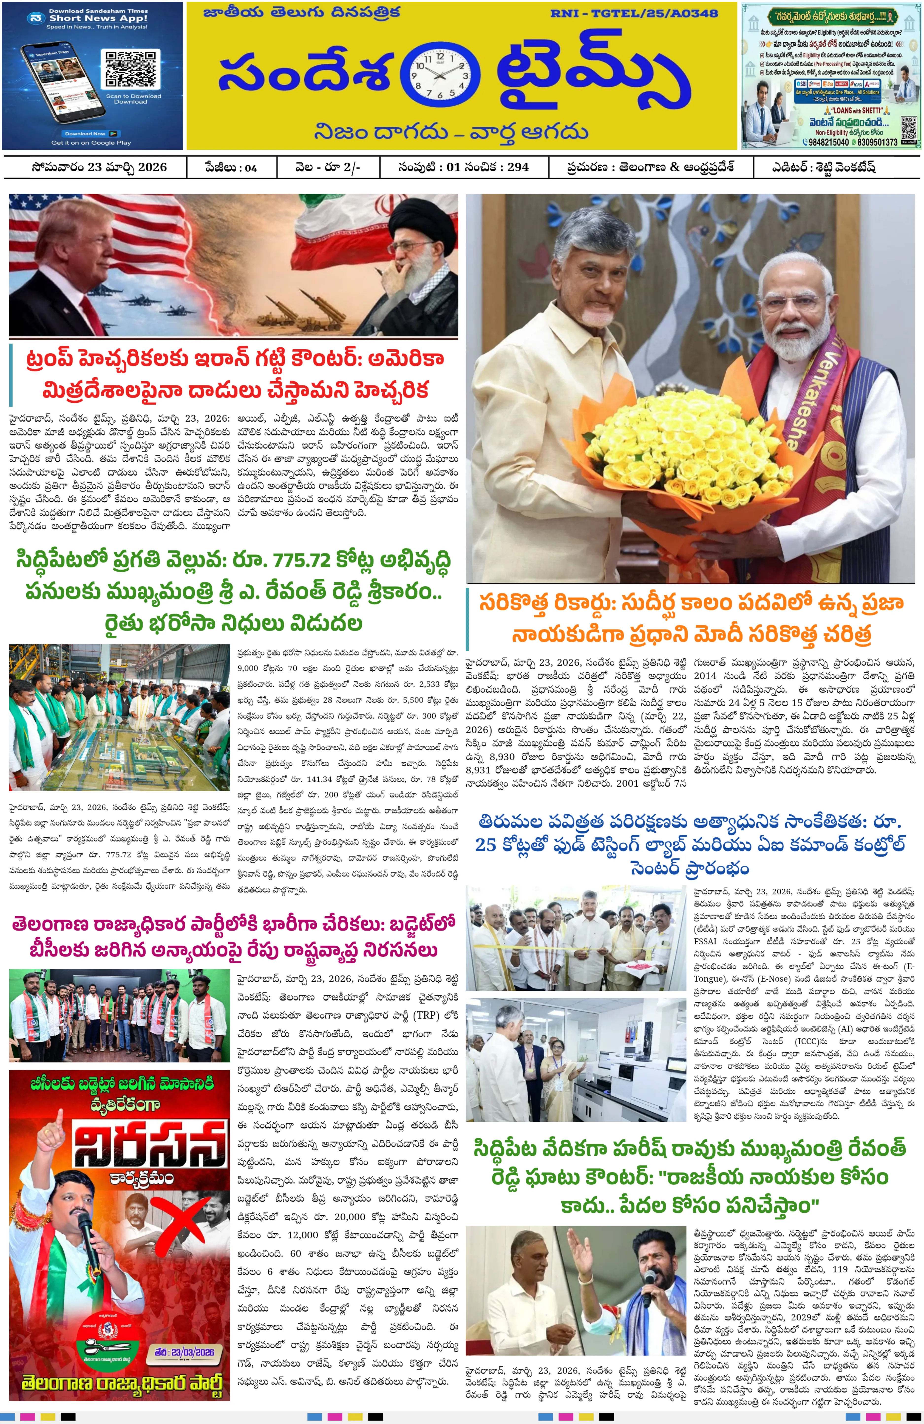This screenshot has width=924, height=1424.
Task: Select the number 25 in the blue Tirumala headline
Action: click(486, 844)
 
